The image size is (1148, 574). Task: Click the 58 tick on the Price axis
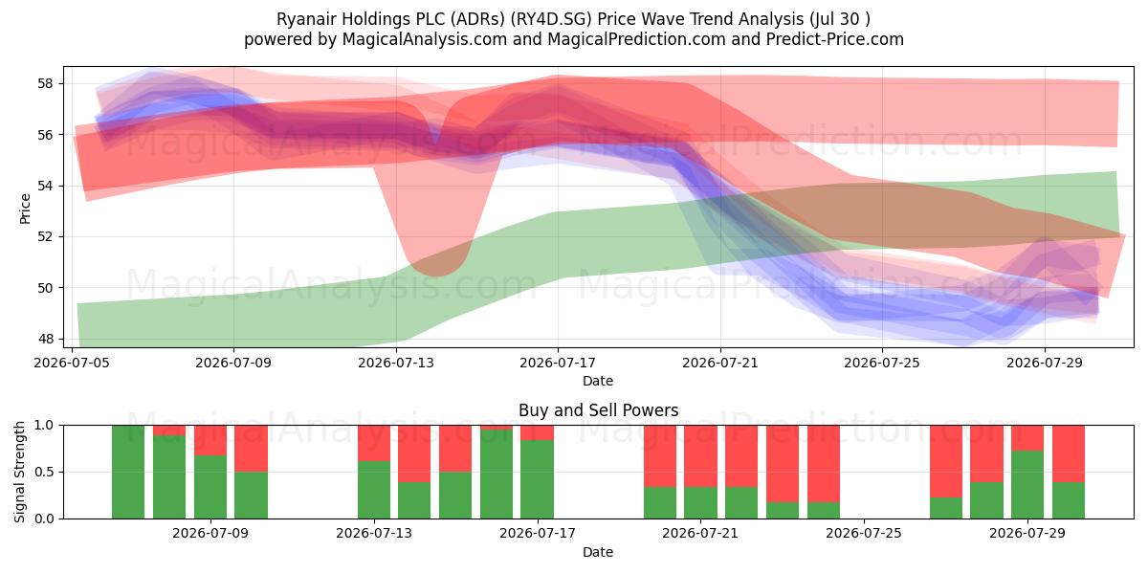coord(45,83)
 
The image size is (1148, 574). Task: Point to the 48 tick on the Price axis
coord(45,339)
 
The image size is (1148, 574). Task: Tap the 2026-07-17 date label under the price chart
coord(558,363)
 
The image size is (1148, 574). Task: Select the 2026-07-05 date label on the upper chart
coord(72,363)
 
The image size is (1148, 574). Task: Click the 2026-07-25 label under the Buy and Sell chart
coord(864,533)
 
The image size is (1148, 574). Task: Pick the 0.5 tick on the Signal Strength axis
coord(44,472)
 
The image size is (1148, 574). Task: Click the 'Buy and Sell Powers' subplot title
coord(598,410)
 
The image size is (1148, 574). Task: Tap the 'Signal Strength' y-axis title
coord(19,472)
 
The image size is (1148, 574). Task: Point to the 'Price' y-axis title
coord(25,209)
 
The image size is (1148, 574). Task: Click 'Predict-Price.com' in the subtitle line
coord(835,39)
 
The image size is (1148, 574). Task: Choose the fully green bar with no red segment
coord(128,472)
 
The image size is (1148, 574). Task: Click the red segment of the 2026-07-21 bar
coord(700,456)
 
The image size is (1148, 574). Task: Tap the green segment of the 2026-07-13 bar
coord(374,490)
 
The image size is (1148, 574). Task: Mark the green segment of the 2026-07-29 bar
coord(1027,485)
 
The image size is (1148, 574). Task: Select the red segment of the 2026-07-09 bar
coord(210,440)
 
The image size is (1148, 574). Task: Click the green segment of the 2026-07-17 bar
coord(537,479)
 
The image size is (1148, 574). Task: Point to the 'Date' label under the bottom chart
coord(598,552)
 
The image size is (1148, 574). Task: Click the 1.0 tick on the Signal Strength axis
coord(44,426)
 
